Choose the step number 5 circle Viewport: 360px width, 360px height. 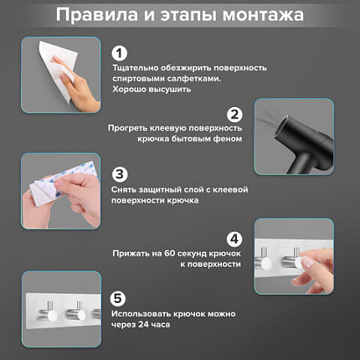click(120, 298)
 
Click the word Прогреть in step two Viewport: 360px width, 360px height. click(129, 127)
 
